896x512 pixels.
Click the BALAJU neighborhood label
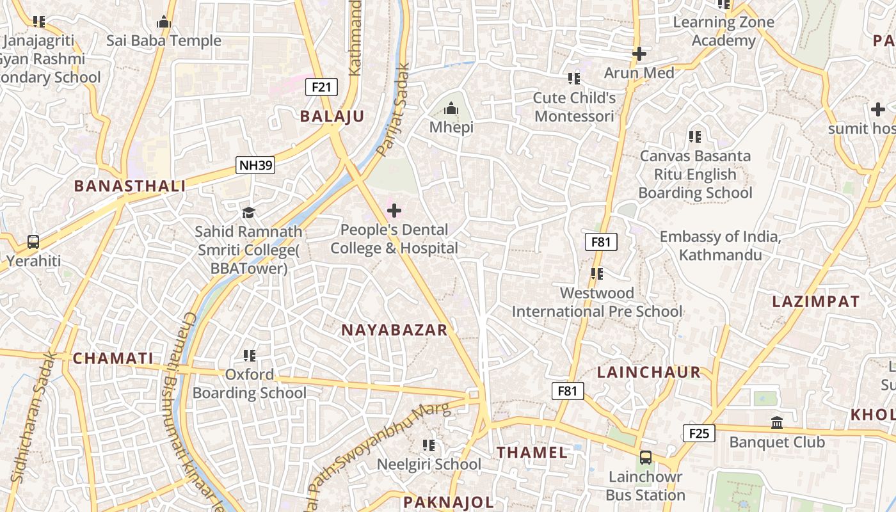coord(332,116)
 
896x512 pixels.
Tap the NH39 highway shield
coord(255,166)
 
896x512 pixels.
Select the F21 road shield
coord(321,86)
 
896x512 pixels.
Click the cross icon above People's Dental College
coord(394,210)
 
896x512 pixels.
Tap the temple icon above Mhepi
coord(451,108)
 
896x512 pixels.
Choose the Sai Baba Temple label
coord(164,40)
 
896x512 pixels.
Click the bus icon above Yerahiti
coord(33,242)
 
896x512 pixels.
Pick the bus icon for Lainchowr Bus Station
coord(645,458)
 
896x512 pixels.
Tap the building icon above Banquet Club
coord(777,422)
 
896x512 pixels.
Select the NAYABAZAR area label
coord(394,330)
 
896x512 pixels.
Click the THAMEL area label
coord(532,452)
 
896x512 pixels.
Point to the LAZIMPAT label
coord(815,301)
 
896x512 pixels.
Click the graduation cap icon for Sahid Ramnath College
coord(248,212)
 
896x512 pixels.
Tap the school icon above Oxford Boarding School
coord(250,355)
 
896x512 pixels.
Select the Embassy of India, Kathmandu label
coord(720,246)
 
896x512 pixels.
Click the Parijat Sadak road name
coord(393,109)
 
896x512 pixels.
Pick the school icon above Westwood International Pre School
coord(597,274)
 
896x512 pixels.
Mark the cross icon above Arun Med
coord(639,54)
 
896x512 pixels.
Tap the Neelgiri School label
coord(429,464)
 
